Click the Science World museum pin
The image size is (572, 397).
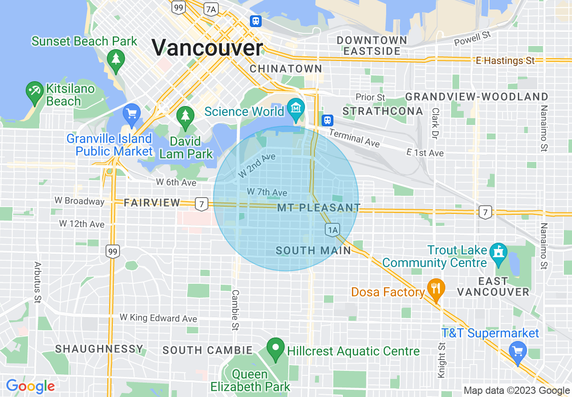[x=296, y=108]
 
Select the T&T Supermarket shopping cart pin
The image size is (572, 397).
[x=517, y=351]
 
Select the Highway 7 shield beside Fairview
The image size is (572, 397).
[x=202, y=204]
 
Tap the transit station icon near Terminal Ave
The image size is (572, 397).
[x=327, y=120]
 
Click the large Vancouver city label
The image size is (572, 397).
[x=207, y=47]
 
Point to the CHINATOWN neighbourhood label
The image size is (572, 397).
[x=286, y=69]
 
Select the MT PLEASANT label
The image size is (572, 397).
[x=319, y=208]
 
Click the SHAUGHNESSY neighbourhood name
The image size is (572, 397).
[x=99, y=349]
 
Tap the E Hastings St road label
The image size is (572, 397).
[x=505, y=60]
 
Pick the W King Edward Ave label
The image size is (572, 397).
[x=158, y=318]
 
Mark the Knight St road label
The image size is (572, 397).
[x=442, y=359]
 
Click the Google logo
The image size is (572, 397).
[x=30, y=386]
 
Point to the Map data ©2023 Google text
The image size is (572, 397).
[x=517, y=391]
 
